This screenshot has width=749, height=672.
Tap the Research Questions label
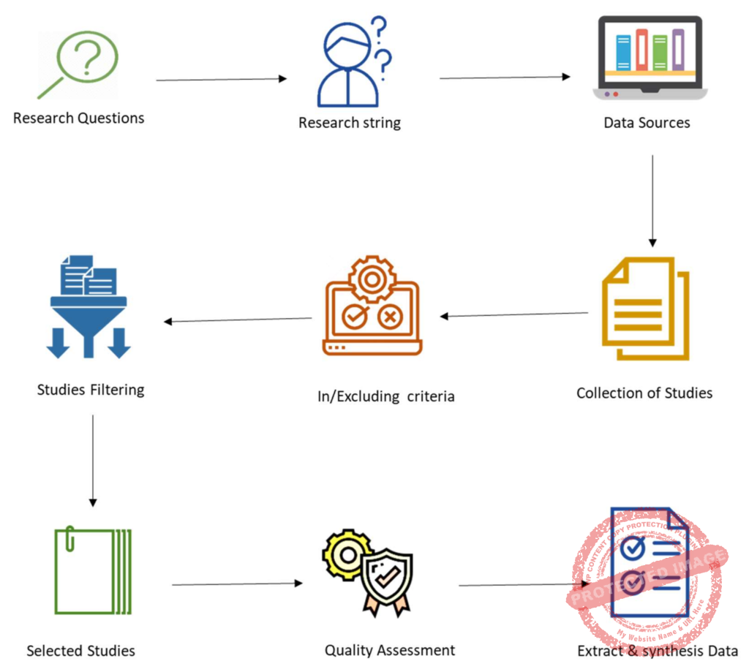tap(78, 118)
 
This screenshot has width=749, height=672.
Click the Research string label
tap(349, 123)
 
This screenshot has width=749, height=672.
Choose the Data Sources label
tap(647, 123)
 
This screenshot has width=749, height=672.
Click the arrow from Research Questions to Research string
tap(221, 79)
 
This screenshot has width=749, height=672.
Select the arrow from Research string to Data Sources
tap(505, 77)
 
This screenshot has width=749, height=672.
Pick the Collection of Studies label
tap(644, 393)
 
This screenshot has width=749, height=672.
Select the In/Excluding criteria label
tap(385, 396)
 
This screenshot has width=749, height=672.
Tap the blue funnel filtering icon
tap(88, 307)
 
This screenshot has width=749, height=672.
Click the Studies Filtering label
tap(91, 390)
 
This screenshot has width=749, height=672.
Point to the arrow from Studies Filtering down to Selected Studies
tap(92, 460)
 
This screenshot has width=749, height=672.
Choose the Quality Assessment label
tap(390, 650)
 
